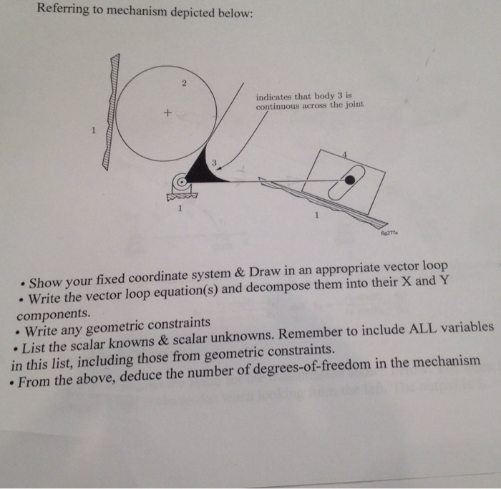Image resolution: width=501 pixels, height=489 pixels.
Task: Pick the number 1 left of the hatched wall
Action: click(92, 131)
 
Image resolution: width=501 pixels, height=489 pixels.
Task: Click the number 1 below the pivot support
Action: click(180, 209)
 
